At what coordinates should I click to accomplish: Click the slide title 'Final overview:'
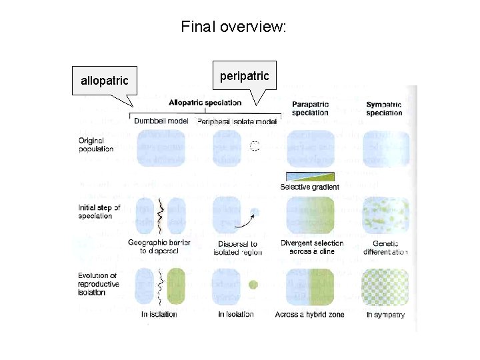(x=233, y=27)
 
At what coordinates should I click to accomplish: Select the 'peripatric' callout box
(x=245, y=76)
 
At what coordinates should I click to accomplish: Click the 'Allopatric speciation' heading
(x=205, y=103)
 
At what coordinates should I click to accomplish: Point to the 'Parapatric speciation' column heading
(x=310, y=108)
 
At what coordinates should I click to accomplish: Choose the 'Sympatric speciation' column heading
(x=383, y=108)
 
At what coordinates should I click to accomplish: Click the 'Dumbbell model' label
(x=161, y=121)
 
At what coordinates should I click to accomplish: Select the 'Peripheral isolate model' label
(x=237, y=121)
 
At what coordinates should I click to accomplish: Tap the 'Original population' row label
(x=95, y=145)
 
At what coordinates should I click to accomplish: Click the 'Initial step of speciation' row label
(x=99, y=211)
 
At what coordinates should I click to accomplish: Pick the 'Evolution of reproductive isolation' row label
(x=98, y=284)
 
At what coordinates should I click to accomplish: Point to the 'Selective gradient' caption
(x=309, y=187)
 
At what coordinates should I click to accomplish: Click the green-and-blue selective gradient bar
(x=309, y=176)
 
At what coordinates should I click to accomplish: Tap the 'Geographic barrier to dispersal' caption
(x=159, y=247)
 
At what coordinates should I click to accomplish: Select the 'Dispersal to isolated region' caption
(x=237, y=247)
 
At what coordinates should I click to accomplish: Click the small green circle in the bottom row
(x=253, y=285)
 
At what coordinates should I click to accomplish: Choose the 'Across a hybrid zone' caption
(x=309, y=314)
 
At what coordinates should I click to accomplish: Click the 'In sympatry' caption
(x=385, y=314)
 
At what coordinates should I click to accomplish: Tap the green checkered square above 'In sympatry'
(x=385, y=287)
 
